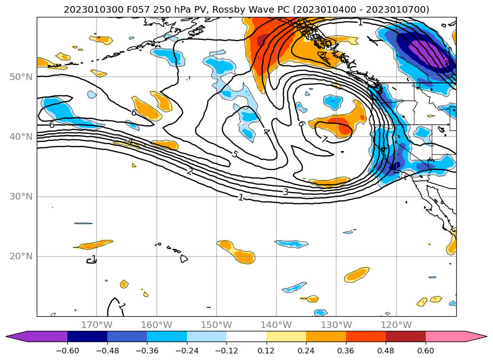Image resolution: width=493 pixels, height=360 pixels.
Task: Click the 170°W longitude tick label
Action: pos(97,325)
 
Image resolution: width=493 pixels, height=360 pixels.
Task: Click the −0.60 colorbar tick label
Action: pos(67,351)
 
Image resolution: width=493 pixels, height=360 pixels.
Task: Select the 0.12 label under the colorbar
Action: pos(267,351)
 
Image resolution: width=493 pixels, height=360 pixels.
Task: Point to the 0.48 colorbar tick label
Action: pos(386,351)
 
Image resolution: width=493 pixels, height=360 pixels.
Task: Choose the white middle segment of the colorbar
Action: pos(246,336)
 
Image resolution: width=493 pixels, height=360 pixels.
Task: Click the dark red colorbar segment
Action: pos(405,336)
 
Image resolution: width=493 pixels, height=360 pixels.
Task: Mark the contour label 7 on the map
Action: pos(324,139)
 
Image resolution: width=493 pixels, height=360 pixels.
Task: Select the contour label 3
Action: pos(285,192)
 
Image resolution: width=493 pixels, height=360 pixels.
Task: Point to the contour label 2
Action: pos(189,171)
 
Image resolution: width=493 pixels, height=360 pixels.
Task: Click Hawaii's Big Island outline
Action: pos(184,258)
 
